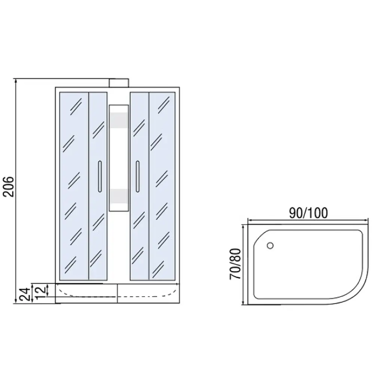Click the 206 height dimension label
[x=9, y=186]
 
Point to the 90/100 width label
[x=309, y=213]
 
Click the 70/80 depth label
[x=235, y=264]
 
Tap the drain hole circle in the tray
[x=270, y=245]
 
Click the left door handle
[x=100, y=177]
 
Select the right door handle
[x=138, y=177]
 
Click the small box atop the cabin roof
[x=119, y=83]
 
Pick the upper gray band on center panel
[x=119, y=120]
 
